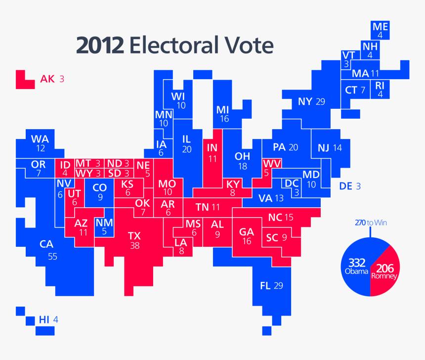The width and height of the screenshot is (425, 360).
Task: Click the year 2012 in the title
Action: click(99, 46)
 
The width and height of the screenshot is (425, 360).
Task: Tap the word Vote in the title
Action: click(251, 46)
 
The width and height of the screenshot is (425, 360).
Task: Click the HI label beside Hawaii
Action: click(44, 320)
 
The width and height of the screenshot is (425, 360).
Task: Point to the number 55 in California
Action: click(52, 256)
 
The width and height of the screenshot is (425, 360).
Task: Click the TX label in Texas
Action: click(134, 235)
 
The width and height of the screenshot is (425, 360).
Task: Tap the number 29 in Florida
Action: click(278, 285)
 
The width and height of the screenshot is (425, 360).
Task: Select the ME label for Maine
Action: click(380, 26)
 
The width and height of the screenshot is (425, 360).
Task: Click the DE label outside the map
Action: click(346, 186)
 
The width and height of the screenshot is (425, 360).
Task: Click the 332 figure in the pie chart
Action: click(357, 262)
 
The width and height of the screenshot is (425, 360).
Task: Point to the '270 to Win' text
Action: click(371, 223)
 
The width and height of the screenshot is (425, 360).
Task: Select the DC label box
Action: click(292, 183)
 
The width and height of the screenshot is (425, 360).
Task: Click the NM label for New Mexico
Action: click(104, 223)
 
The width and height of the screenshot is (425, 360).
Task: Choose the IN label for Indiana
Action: click(212, 148)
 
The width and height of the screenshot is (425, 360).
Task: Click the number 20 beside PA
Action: click(294, 147)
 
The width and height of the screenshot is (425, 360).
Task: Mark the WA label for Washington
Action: click(40, 139)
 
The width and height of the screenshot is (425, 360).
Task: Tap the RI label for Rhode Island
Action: click(380, 85)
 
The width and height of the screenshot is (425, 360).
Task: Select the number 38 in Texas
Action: click(134, 246)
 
